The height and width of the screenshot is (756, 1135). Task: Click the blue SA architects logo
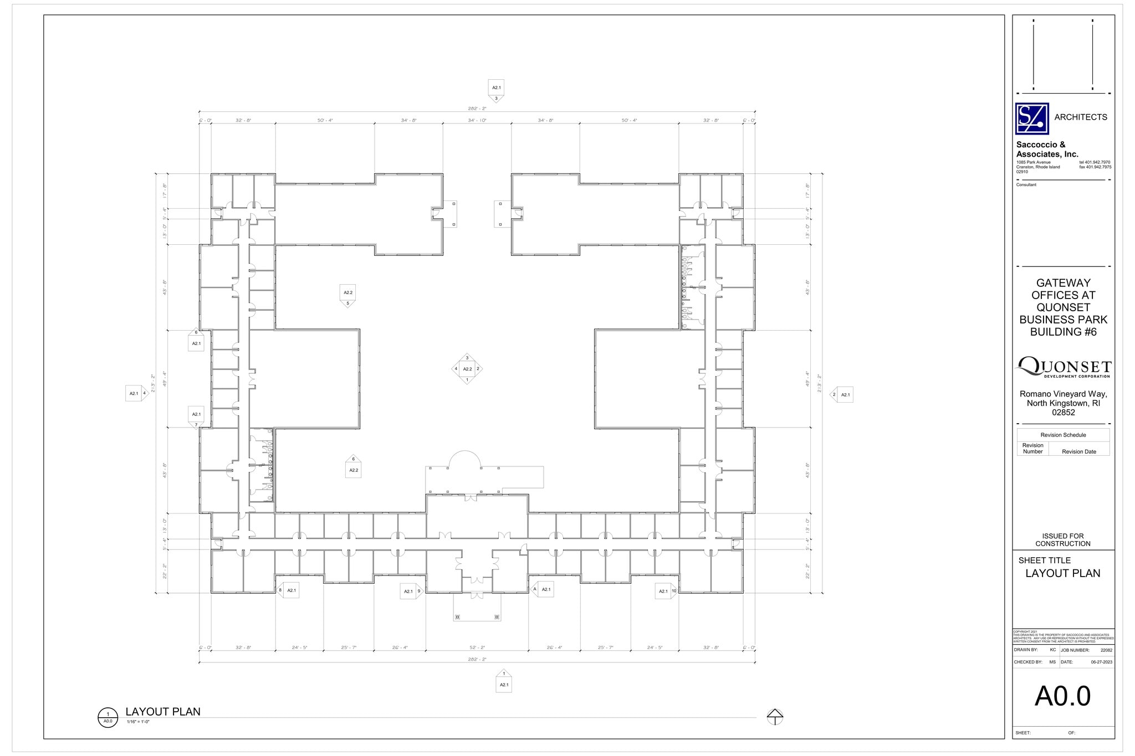click(x=1031, y=119)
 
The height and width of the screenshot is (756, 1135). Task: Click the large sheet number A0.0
click(x=1062, y=696)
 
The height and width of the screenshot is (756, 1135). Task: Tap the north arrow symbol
click(x=775, y=716)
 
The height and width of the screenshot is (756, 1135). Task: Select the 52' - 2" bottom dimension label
click(x=477, y=647)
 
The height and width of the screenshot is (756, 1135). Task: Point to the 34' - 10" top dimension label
click(x=477, y=120)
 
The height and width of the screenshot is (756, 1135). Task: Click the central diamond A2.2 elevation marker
click(x=467, y=369)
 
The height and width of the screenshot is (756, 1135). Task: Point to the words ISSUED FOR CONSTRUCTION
click(x=1062, y=539)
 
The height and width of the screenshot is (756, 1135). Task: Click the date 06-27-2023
click(x=1101, y=662)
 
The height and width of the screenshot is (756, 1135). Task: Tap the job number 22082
click(x=1106, y=650)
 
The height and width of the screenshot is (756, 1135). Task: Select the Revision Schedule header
click(x=1062, y=435)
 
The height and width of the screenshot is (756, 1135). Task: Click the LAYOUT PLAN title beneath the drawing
click(x=163, y=712)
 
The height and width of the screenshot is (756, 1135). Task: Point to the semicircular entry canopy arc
click(x=464, y=457)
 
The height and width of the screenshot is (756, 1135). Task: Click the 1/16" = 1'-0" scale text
click(x=138, y=722)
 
